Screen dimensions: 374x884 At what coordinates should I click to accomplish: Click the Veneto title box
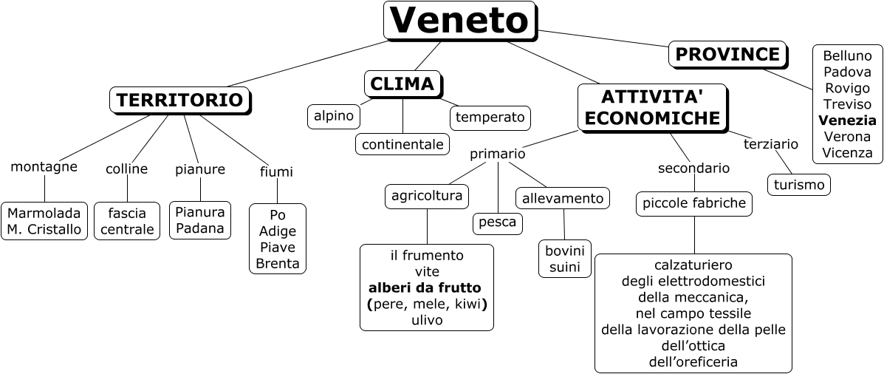(459, 21)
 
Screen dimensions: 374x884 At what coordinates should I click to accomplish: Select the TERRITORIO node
(179, 101)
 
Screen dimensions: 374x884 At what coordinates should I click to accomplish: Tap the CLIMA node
(402, 84)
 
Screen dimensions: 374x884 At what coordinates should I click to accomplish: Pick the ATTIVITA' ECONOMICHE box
(652, 107)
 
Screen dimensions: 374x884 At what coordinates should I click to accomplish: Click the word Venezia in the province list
(848, 120)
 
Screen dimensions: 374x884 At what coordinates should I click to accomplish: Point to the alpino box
(334, 115)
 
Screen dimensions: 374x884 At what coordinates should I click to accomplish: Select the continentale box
(402, 143)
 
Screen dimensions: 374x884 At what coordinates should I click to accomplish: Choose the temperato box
(490, 117)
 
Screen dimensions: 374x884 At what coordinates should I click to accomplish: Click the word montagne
(44, 167)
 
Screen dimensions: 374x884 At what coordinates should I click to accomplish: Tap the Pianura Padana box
(200, 220)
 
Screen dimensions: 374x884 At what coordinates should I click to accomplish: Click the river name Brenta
(278, 264)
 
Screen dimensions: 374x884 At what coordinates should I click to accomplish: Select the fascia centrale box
(127, 221)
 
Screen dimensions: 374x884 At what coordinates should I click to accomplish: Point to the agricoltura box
(428, 196)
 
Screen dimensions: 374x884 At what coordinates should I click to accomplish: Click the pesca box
(498, 222)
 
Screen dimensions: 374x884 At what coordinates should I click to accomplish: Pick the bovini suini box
(564, 258)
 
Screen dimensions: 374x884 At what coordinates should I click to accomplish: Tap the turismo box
(799, 185)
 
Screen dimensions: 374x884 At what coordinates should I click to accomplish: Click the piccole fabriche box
(694, 203)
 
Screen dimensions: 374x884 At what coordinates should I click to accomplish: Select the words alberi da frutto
(425, 287)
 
